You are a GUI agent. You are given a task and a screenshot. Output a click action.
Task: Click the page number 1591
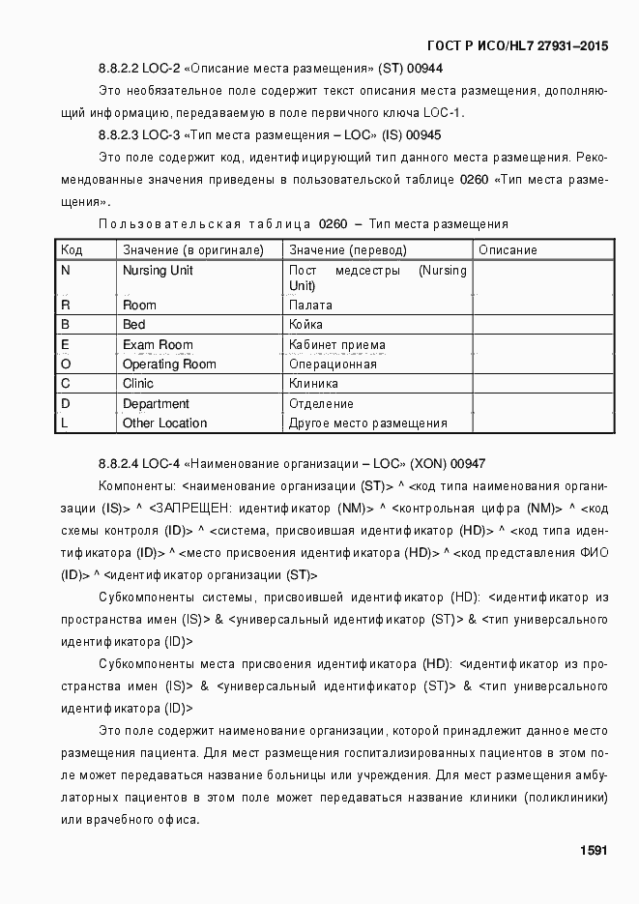[x=593, y=851]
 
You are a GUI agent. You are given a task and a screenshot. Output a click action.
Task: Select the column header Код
[x=72, y=250]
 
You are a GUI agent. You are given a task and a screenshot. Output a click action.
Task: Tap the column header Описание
[x=508, y=250]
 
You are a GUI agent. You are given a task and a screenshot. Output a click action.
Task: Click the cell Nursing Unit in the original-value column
[x=158, y=271]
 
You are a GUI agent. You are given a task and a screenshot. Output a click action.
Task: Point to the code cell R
[x=66, y=306]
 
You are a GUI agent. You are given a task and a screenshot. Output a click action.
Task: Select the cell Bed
[x=134, y=325]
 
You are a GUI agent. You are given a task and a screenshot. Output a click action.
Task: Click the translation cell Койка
[x=306, y=325]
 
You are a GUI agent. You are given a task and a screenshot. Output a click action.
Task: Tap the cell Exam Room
[x=158, y=345]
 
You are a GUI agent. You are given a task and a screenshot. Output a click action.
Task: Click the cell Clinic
[x=138, y=384]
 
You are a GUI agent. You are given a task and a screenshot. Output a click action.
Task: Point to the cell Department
[x=156, y=404]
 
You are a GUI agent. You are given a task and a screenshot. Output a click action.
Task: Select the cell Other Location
[x=164, y=423]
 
